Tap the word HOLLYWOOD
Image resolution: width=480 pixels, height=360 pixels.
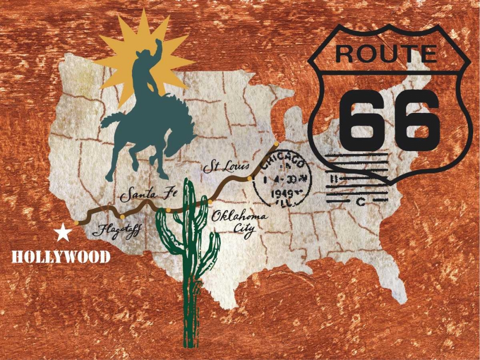[61, 257]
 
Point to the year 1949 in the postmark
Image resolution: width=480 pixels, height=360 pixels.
[282, 193]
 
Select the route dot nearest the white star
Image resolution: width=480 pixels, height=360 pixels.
[77, 223]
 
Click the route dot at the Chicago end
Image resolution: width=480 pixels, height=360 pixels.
[276, 143]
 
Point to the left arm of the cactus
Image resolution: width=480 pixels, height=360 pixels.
[166, 230]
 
